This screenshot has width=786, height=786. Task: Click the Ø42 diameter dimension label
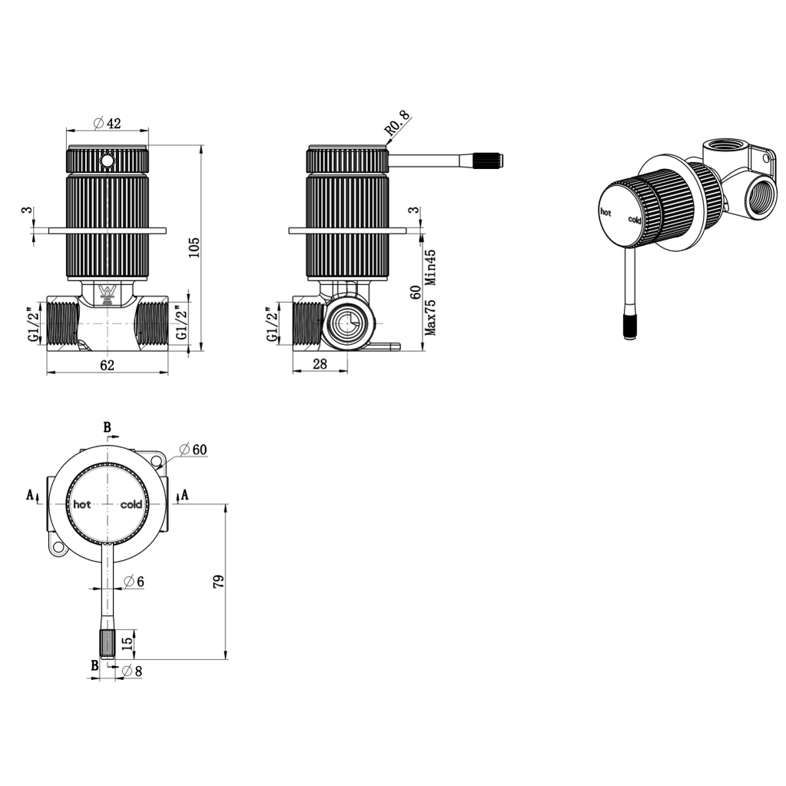(x=108, y=124)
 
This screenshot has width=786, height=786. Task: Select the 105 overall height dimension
(x=194, y=247)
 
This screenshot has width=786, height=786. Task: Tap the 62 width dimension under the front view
(x=107, y=366)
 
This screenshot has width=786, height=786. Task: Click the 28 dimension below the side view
(x=320, y=365)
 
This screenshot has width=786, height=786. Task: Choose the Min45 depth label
(x=431, y=267)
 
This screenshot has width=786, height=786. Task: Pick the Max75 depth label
(x=431, y=317)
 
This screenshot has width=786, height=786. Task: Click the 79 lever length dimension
(x=217, y=582)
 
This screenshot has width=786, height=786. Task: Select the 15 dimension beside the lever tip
(x=127, y=640)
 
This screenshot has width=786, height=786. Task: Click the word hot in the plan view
(x=82, y=505)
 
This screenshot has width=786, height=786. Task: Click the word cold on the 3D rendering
(x=634, y=220)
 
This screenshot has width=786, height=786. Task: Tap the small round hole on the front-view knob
(x=108, y=161)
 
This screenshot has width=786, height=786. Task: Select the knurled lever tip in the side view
(x=488, y=161)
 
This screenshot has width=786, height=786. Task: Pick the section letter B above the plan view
(x=108, y=426)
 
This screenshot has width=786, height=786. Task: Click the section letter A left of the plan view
(x=31, y=496)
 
